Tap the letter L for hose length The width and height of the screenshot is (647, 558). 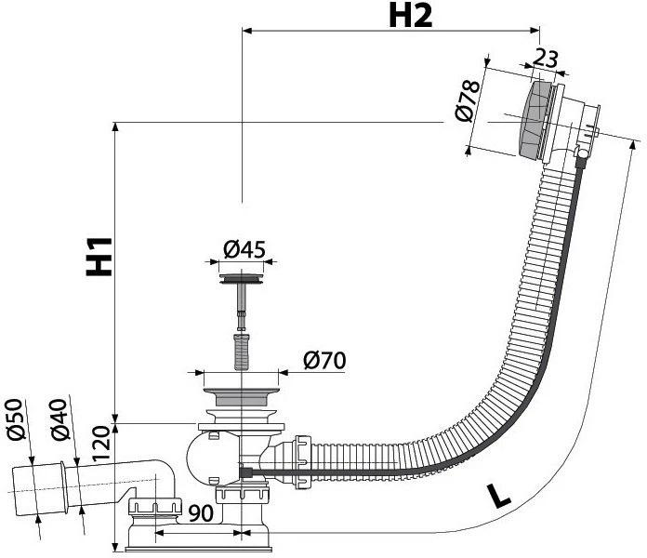(498, 496)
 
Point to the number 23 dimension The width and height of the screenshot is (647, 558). (548, 59)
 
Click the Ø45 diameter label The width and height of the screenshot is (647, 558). (244, 249)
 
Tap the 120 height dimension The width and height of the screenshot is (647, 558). (102, 446)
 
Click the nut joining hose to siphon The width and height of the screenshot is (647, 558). (302, 453)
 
